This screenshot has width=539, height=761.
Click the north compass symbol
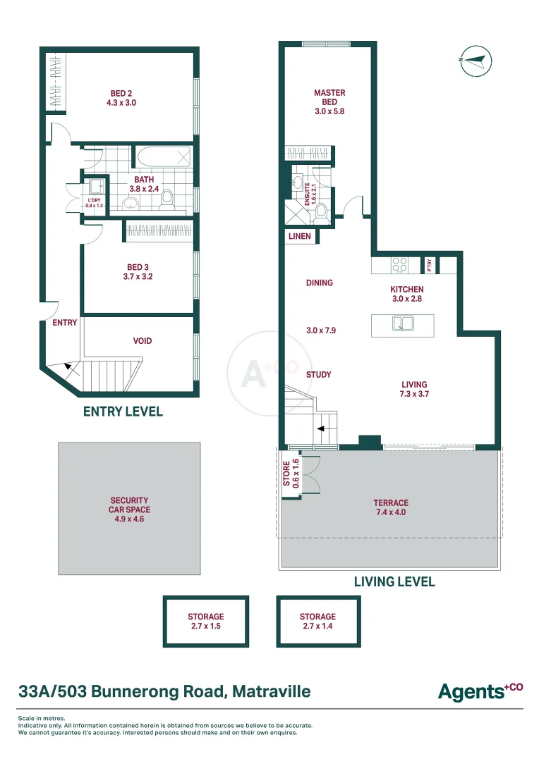476,61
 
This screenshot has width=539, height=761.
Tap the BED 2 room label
121,93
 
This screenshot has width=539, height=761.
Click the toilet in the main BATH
166,199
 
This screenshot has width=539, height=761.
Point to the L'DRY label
95,200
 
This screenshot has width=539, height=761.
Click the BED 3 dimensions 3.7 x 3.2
138,277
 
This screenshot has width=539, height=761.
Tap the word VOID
143,341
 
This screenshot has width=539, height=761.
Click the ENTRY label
65,323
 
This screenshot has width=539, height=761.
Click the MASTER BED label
329,97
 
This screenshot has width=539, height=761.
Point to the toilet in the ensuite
321,213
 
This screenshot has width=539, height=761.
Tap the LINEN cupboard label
299,236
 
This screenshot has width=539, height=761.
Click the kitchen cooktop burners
399,264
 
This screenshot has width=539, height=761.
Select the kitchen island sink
403,323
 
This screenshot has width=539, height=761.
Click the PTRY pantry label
429,265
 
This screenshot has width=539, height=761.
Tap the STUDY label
318,375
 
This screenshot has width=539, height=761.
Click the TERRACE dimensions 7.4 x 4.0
391,512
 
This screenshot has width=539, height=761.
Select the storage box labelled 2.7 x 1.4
318,621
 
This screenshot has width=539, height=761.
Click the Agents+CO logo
480,692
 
